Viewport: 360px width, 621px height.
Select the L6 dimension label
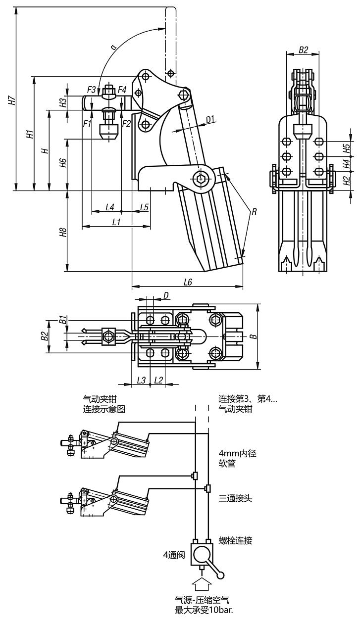pos(188,282)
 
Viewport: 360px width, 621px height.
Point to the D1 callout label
pos(210,119)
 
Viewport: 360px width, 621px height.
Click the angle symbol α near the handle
pos(114,47)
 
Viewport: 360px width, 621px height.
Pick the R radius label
pos(254,212)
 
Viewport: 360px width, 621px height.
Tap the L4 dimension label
pos(110,207)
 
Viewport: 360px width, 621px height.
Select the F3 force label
pos(92,90)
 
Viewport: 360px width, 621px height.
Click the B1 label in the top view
pos(62,319)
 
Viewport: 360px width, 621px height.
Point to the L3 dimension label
pos(141,380)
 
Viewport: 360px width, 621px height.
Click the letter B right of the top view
pos(254,336)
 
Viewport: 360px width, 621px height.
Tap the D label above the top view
pos(166,295)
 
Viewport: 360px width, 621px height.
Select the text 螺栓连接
pos(235,540)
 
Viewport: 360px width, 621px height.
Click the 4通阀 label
pos(174,555)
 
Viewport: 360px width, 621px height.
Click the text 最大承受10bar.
pos(204,610)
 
